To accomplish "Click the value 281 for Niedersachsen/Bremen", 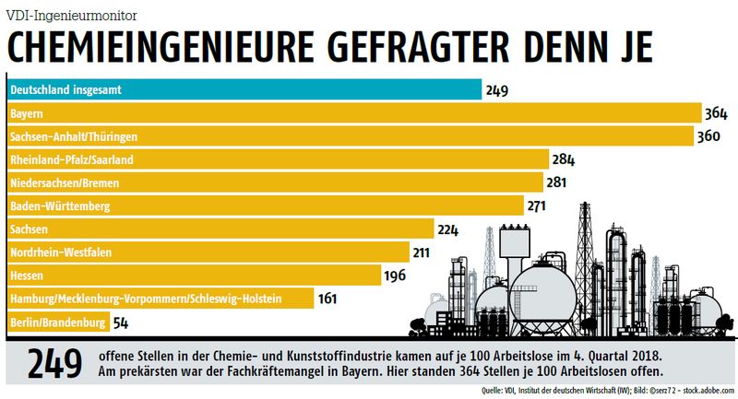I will (x=556, y=182).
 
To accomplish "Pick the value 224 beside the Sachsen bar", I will (x=448, y=229).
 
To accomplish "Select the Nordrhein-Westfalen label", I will (x=64, y=252).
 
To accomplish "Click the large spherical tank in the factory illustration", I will (x=543, y=287).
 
